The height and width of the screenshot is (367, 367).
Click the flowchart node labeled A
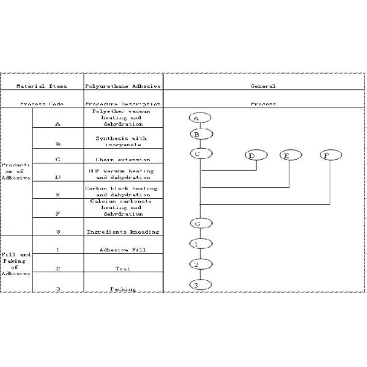click(x=196, y=117)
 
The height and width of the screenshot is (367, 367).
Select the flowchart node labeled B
click(x=196, y=134)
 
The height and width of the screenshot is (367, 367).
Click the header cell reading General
click(x=263, y=86)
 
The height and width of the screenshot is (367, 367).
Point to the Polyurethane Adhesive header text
click(x=123, y=86)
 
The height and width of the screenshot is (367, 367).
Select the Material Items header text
click(x=42, y=86)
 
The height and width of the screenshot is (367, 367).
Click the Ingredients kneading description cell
click(x=123, y=231)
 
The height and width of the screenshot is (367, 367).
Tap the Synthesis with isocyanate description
click(x=123, y=141)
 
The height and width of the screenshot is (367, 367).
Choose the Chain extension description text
click(x=123, y=160)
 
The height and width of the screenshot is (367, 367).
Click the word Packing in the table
click(x=123, y=288)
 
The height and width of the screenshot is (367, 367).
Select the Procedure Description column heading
click(x=123, y=104)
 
